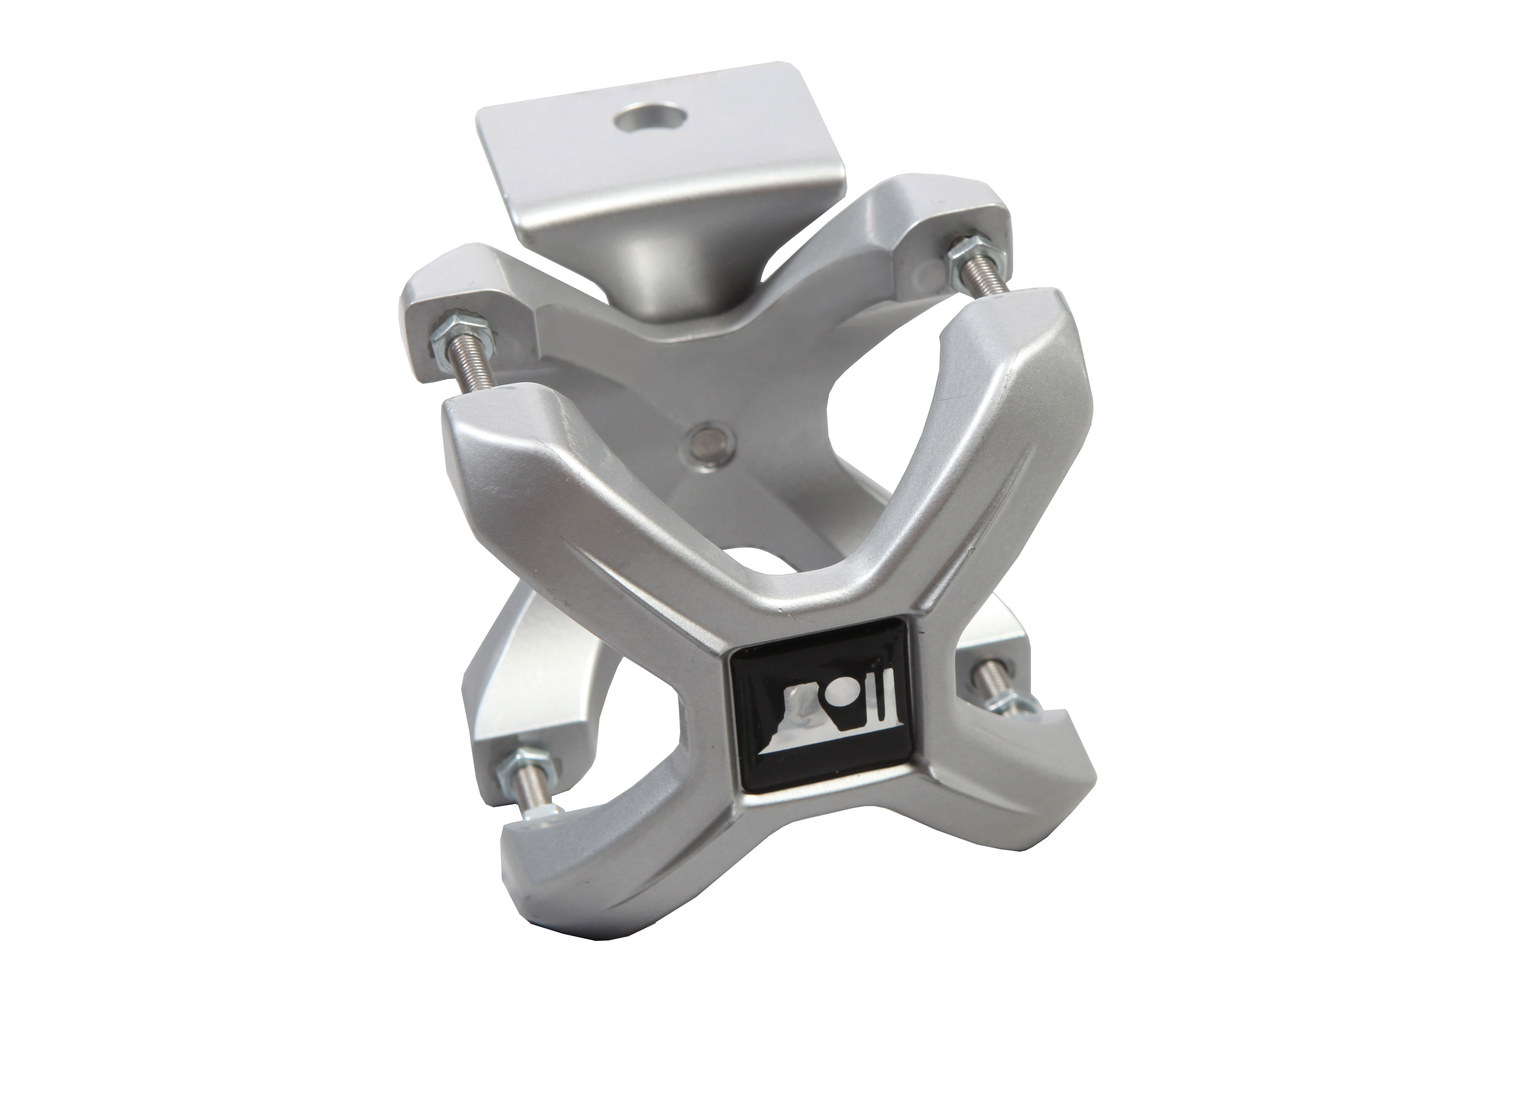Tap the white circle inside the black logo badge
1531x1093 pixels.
pyautogui.click(x=840, y=689)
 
